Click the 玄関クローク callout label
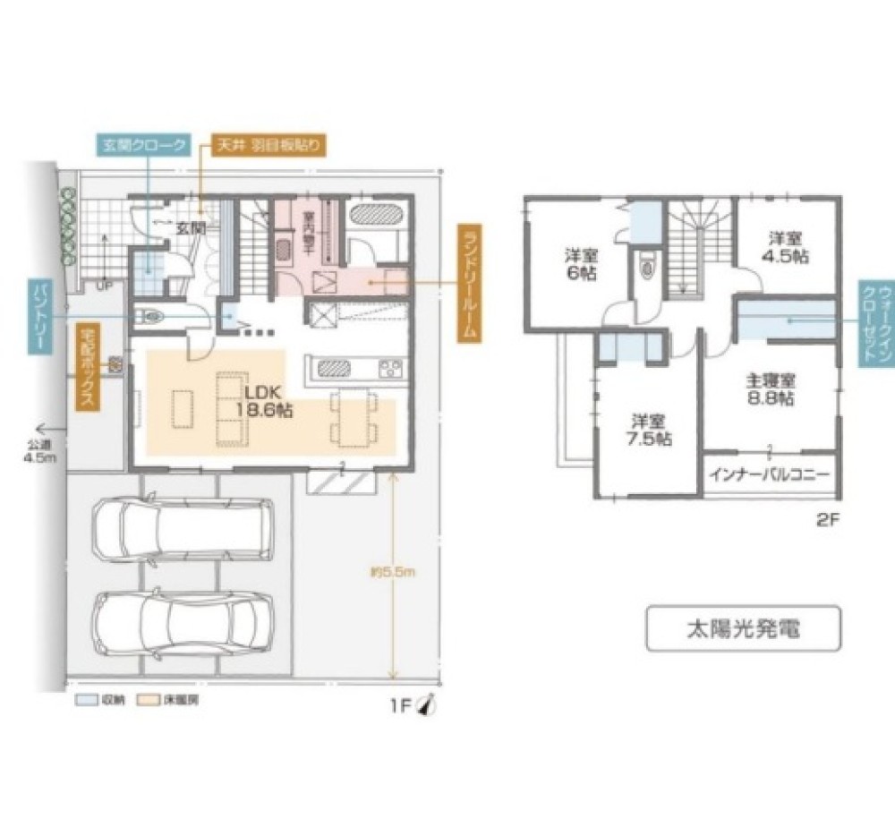(142, 144)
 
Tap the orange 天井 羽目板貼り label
(266, 144)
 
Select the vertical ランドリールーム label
(466, 281)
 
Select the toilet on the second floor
(645, 267)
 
